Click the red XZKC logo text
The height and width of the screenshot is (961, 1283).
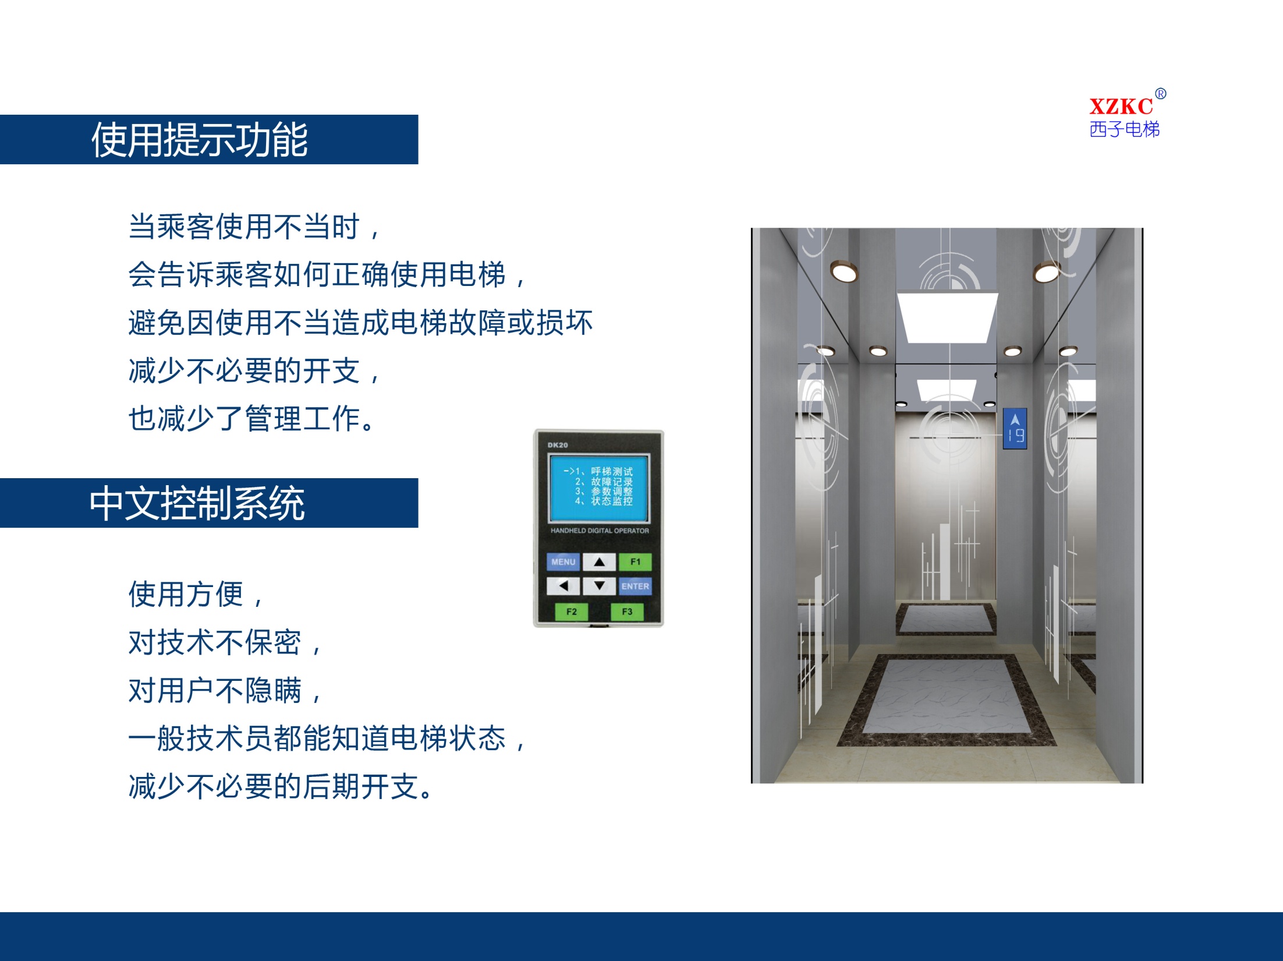click(x=1121, y=107)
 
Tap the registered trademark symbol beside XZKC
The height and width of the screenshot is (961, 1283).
click(x=1161, y=94)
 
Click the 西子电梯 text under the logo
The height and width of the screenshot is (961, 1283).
click(x=1125, y=129)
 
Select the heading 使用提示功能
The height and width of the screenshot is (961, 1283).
click(x=200, y=140)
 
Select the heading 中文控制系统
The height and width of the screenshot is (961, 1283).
click(x=197, y=503)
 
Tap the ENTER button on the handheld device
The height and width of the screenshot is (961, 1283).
click(x=635, y=586)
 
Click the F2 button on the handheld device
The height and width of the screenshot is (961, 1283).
click(x=571, y=612)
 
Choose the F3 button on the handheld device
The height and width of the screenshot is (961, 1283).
click(x=627, y=612)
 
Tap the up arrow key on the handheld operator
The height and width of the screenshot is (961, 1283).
click(x=599, y=562)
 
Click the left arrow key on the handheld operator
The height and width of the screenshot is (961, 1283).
click(x=563, y=586)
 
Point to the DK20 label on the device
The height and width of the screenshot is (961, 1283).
click(x=557, y=445)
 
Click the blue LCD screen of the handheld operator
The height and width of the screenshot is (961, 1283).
click(x=599, y=488)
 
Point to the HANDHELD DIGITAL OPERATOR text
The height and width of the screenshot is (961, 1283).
click(x=600, y=531)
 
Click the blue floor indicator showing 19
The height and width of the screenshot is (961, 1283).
click(x=1015, y=429)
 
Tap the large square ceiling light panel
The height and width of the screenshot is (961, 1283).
click(x=948, y=317)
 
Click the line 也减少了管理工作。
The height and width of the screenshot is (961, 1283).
click(x=253, y=418)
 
